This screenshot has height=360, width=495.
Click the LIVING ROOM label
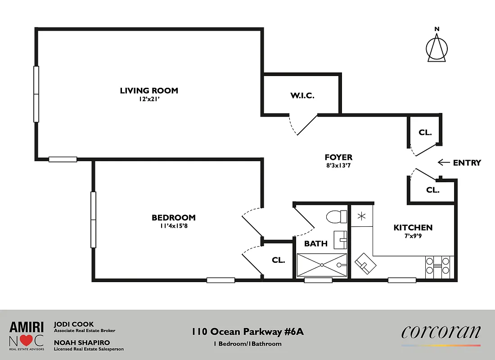pyautogui.click(x=149, y=90)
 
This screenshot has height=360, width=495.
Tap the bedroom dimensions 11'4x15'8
pyautogui.click(x=173, y=226)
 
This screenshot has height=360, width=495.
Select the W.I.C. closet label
pyautogui.click(x=301, y=95)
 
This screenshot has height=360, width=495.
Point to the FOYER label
pyautogui.click(x=338, y=157)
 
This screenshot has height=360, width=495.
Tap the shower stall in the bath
pyautogui.click(x=322, y=265)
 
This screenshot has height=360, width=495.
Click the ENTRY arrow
pyautogui.click(x=444, y=162)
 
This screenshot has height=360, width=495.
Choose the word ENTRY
pyautogui.click(x=467, y=163)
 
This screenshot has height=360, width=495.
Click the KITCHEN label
pyautogui.click(x=413, y=228)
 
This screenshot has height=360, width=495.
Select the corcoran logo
pyautogui.click(x=441, y=333)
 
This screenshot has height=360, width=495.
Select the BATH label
pyautogui.click(x=315, y=243)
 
